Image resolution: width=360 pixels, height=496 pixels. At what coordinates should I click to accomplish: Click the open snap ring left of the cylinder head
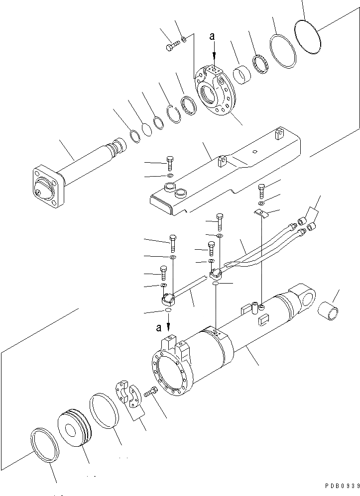tap(173, 113)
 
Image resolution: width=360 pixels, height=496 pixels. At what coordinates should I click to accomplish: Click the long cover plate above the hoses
tap(224, 174)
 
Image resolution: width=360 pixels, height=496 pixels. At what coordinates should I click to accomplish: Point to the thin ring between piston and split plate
tap(104, 410)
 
